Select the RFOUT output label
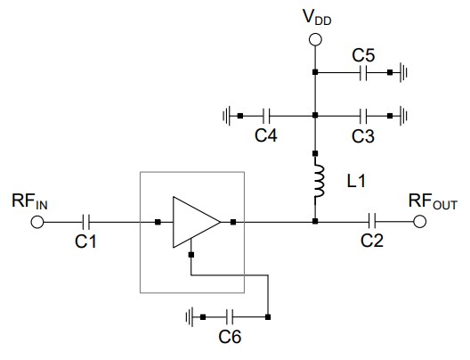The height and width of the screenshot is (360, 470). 433,201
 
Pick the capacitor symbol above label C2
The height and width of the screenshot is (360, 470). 374,222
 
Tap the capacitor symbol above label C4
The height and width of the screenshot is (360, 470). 266,115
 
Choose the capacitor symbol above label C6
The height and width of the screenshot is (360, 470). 231,316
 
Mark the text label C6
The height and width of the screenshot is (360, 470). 231,339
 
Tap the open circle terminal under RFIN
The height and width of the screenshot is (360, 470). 36,222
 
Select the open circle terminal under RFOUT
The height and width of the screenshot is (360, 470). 419,222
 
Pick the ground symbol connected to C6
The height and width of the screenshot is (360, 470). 190,316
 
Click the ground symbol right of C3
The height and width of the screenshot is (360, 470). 403,115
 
